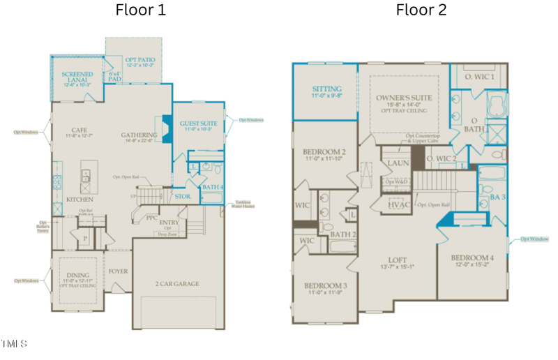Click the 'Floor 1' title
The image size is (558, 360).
[140, 10]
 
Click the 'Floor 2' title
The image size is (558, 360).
[421, 10]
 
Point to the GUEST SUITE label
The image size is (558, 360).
[199, 123]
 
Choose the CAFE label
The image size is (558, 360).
[78, 130]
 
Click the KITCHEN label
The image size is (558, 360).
[80, 199]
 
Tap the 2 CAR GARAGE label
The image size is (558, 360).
[177, 284]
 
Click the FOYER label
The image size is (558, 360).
[118, 271]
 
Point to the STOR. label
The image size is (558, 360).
[183, 197]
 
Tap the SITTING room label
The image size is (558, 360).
[326, 89]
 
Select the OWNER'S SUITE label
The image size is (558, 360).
[404, 98]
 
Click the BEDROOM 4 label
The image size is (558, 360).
[472, 257]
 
